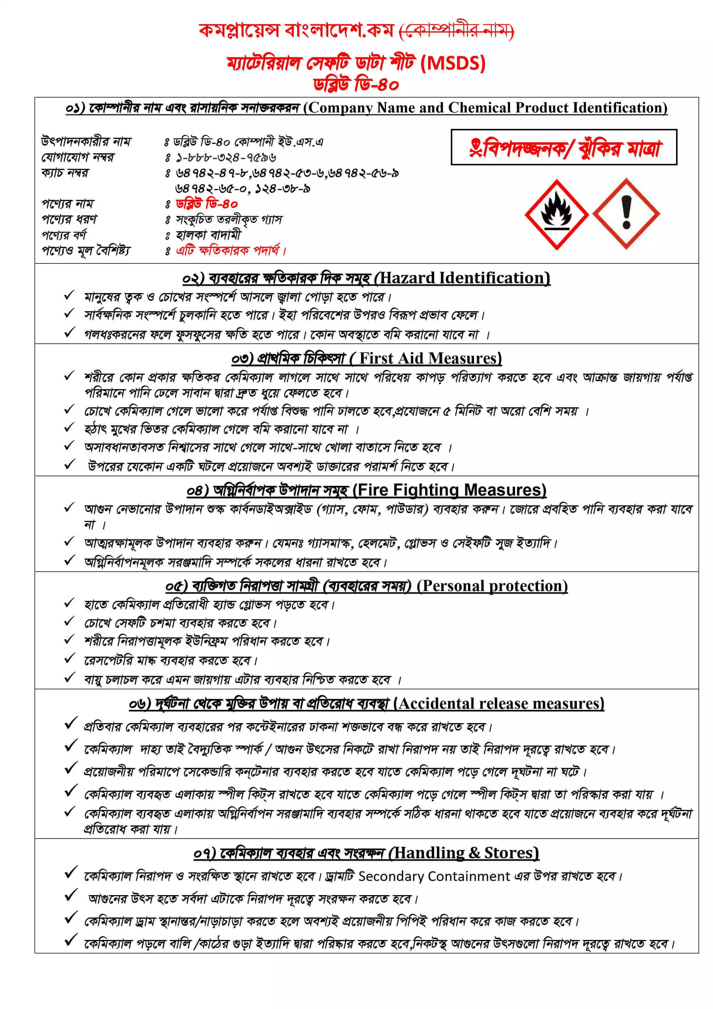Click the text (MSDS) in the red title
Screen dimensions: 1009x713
(453, 63)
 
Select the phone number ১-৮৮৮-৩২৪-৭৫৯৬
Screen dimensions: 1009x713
(226, 157)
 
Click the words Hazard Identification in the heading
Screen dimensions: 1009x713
(465, 278)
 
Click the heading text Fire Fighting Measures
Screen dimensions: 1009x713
(450, 490)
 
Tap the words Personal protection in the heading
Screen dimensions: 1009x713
(492, 586)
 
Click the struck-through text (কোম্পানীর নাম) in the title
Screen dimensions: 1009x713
(456, 31)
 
